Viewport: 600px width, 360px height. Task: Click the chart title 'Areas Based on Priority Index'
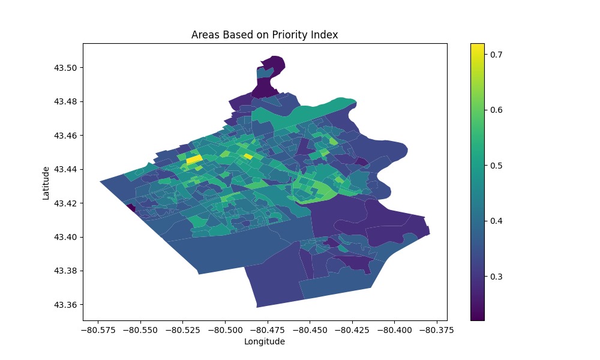265,35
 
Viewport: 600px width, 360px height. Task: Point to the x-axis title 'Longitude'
265,341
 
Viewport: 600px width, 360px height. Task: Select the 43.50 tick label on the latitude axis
66,68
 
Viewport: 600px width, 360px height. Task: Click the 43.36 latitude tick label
66,305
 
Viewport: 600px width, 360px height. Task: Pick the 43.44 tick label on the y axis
66,169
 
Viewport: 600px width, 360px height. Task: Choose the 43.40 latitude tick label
66,237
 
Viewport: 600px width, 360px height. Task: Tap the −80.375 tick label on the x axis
437,329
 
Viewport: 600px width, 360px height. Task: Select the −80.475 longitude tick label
268,329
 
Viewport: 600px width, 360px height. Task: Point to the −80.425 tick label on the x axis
353,329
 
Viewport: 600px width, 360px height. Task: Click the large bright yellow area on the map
194,160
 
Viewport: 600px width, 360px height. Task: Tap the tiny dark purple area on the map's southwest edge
130,208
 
